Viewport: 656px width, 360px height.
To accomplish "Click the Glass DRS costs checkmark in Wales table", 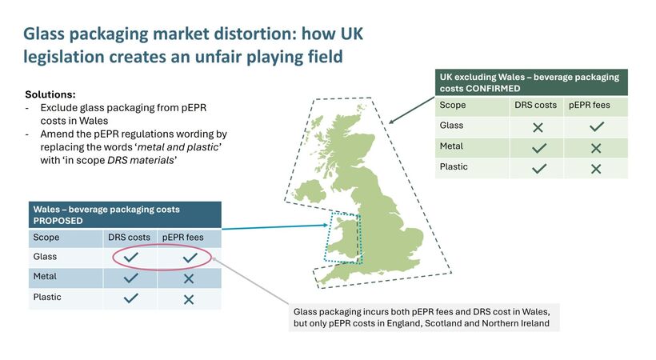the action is [130, 257].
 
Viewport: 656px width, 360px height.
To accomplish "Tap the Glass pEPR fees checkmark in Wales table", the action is [190, 257].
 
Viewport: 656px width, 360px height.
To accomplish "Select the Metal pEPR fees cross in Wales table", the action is [189, 278].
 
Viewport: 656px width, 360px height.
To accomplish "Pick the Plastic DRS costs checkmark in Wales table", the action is [131, 298].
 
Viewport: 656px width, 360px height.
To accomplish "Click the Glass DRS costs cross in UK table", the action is [538, 127].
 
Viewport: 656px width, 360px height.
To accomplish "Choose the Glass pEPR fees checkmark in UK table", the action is [597, 126].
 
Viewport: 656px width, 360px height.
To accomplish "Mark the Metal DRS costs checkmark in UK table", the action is [539, 148].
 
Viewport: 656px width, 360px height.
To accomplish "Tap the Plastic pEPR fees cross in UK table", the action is [596, 169].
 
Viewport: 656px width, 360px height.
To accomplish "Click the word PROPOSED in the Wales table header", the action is [58, 221].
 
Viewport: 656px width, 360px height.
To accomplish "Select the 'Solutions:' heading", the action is [50, 94].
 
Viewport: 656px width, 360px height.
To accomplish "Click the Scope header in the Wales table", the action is [46, 238].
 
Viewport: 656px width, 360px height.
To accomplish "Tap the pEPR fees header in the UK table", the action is [589, 105].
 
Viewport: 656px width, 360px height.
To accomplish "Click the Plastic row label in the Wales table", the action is [47, 297].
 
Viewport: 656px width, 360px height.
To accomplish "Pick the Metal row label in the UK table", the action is [451, 146].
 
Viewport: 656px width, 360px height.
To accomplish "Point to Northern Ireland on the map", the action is [310, 191].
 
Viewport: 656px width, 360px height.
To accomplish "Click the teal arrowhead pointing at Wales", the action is [326, 226].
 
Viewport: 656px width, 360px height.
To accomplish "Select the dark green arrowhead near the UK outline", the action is [391, 122].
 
